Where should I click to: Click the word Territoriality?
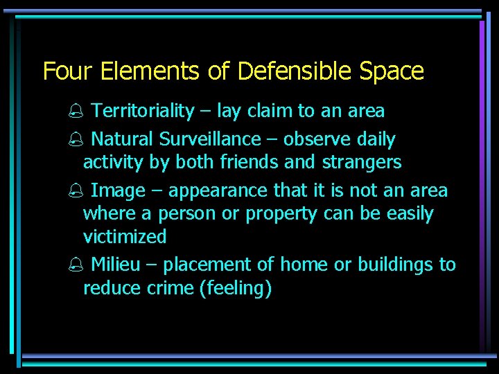[x=143, y=111]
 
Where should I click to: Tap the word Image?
[x=118, y=190]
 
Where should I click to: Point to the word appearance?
[x=218, y=191]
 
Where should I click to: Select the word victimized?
[x=125, y=237]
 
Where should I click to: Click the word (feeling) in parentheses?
[x=235, y=289]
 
